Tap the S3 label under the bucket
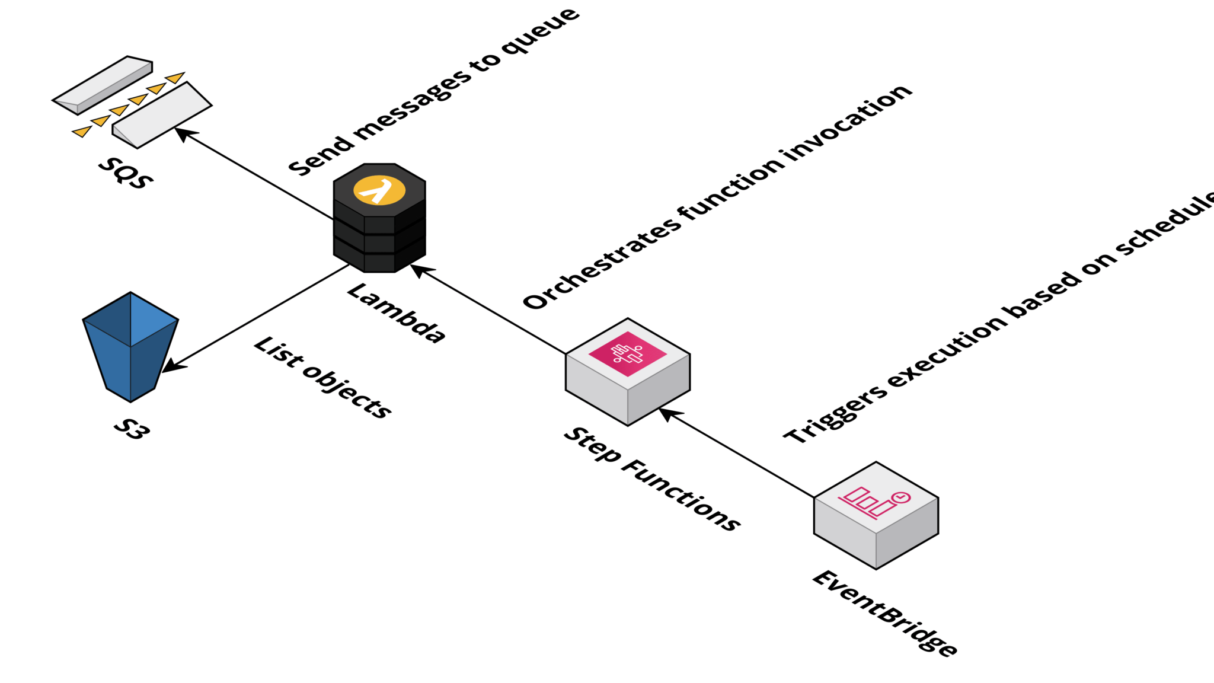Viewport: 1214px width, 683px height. tap(132, 429)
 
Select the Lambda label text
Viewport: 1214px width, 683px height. tap(396, 313)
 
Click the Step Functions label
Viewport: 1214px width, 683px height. tap(651, 478)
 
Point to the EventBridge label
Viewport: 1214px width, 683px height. tap(884, 614)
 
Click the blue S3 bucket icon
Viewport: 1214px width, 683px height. tap(130, 347)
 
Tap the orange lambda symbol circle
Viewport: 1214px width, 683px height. tap(379, 190)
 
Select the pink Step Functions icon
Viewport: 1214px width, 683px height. tap(628, 354)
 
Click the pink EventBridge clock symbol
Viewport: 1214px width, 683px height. tap(901, 498)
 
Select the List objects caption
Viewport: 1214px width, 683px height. tap(322, 378)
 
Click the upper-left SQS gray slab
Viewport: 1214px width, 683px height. tap(102, 85)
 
